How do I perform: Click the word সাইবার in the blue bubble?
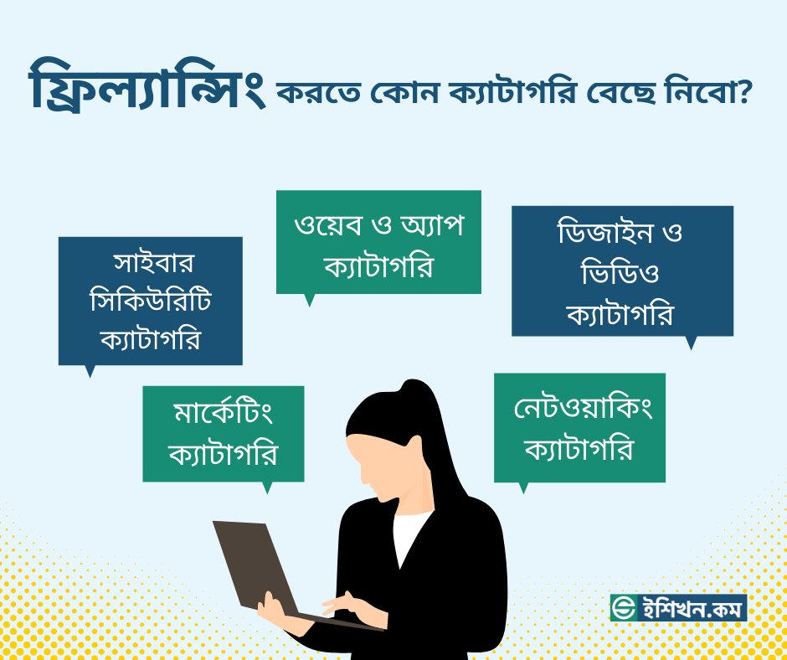click(x=153, y=263)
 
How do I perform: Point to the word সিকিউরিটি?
click(x=151, y=301)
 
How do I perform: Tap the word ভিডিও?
click(x=620, y=274)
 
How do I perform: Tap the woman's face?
click(x=386, y=468)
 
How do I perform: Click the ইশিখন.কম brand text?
click(x=691, y=608)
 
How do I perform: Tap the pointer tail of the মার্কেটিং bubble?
click(x=267, y=487)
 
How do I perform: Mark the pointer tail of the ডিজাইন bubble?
click(x=691, y=343)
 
